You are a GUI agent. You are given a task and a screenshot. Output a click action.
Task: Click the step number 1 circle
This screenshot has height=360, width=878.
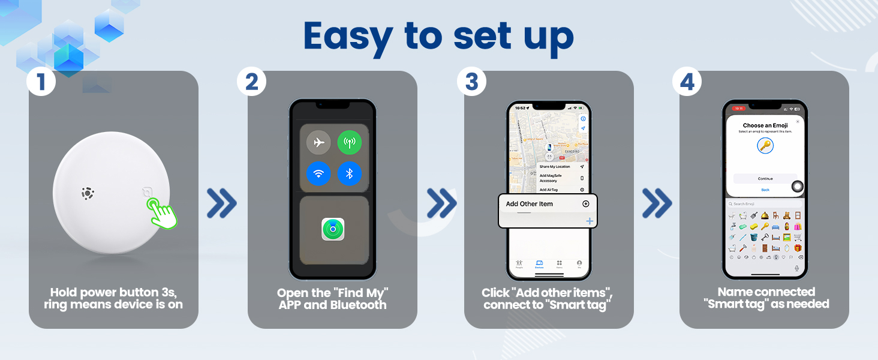coord(41,82)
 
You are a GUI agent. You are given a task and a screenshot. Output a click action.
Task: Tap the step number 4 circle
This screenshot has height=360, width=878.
coord(687,82)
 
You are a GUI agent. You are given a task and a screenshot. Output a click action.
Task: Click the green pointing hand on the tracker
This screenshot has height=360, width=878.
coord(163,213)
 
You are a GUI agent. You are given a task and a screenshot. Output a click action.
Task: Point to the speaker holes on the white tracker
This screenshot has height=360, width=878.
coord(88,194)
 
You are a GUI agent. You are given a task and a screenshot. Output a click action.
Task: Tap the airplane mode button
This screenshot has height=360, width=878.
coord(318,142)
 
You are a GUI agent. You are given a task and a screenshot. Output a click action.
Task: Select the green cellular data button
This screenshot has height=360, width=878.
coord(349,142)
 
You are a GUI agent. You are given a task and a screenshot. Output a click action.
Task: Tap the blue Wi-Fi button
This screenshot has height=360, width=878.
coord(318,174)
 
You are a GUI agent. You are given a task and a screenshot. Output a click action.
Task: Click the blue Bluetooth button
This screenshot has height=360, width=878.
coord(349,174)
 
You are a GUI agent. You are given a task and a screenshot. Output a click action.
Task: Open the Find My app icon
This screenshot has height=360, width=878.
coord(333,229)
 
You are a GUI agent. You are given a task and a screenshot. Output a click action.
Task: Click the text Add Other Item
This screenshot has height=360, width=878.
coord(529,204)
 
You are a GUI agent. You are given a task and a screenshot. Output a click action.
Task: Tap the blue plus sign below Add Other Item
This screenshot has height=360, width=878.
coord(589,221)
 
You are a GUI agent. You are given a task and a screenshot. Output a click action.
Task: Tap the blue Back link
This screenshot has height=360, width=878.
coord(765,190)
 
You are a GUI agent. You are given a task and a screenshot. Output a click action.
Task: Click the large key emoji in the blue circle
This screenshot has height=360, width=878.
coord(765,146)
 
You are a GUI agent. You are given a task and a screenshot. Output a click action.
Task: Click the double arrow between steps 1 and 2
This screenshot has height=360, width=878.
coord(221,203)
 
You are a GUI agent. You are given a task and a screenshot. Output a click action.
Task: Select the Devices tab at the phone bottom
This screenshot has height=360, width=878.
coord(539,265)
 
